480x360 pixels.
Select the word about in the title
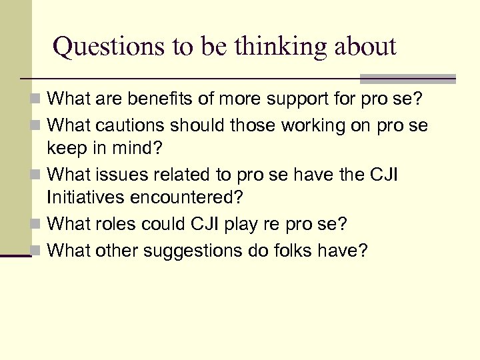365,47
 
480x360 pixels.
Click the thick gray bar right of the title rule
407,79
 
